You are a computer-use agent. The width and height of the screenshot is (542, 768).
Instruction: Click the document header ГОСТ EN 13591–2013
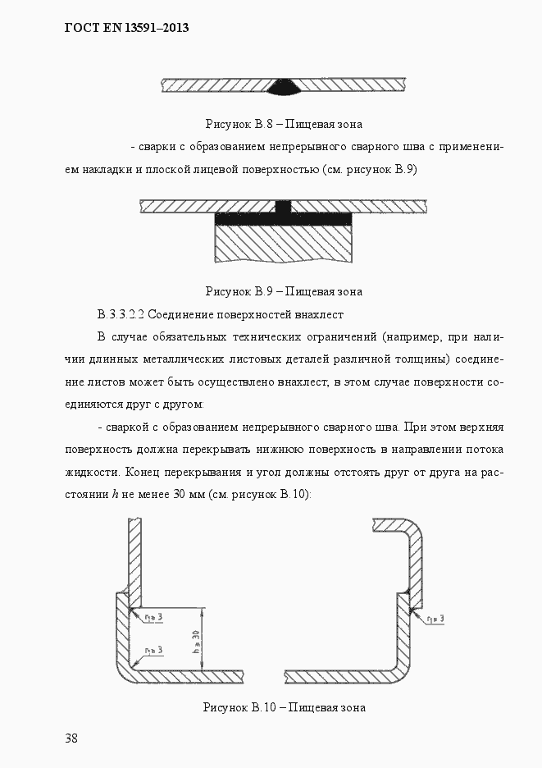coord(126,28)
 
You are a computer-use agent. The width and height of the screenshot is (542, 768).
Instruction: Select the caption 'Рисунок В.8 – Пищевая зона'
coord(284,125)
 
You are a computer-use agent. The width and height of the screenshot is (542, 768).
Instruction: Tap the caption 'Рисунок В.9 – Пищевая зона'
coord(284,291)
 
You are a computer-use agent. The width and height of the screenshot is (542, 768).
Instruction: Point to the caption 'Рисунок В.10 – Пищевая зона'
coord(284,707)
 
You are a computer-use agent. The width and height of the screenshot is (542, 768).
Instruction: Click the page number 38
coord(71,738)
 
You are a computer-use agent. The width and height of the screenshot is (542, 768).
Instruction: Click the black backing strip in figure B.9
coord(284,219)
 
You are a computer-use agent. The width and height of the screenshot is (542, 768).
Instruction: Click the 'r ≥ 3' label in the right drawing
coord(435,618)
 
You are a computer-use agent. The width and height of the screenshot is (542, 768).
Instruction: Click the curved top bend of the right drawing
coord(414,533)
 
